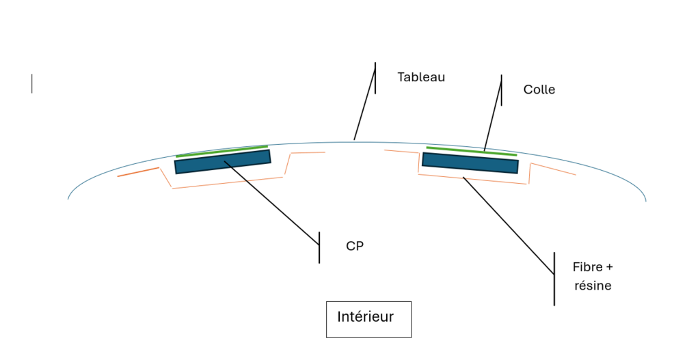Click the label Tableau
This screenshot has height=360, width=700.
pos(421,77)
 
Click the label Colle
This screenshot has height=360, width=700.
pos(539,89)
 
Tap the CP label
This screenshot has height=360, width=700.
pos(355,246)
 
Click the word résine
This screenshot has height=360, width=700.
pos(593,286)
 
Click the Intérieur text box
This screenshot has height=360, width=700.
pos(368,318)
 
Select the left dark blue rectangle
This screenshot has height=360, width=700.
pos(222,162)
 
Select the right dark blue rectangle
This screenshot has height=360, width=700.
pos(470,163)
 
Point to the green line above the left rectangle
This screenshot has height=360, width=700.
pos(221,151)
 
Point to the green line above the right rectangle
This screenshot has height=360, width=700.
pos(471,151)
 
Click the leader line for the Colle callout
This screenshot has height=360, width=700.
pos(493,116)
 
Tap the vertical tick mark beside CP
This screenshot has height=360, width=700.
pos(319,247)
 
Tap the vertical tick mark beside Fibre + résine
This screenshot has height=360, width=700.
pos(554,279)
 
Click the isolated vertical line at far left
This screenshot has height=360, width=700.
pos(31,83)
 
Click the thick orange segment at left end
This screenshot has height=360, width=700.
pos(138,171)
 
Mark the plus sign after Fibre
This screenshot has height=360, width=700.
pos(609,266)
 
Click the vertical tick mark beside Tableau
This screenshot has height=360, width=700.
pos(375,77)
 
